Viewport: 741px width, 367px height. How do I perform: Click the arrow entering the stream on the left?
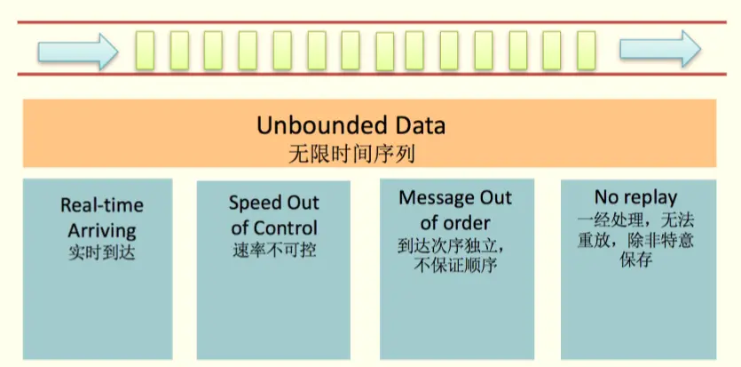(77, 51)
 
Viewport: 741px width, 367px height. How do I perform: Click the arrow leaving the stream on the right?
(659, 49)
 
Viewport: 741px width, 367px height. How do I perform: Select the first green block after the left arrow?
(145, 51)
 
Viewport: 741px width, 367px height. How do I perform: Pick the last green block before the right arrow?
(586, 51)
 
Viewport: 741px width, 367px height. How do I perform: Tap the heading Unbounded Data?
(351, 125)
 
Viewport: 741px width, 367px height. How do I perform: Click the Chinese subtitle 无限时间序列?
(351, 152)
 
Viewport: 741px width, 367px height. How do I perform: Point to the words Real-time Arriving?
(101, 218)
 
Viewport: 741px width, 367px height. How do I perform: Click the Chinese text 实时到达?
(101, 252)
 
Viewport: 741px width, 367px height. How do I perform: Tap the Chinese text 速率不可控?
(273, 249)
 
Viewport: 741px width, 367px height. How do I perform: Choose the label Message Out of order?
(455, 209)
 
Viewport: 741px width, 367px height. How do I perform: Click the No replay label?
(635, 197)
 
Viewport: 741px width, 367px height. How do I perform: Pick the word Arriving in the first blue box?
(101, 230)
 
